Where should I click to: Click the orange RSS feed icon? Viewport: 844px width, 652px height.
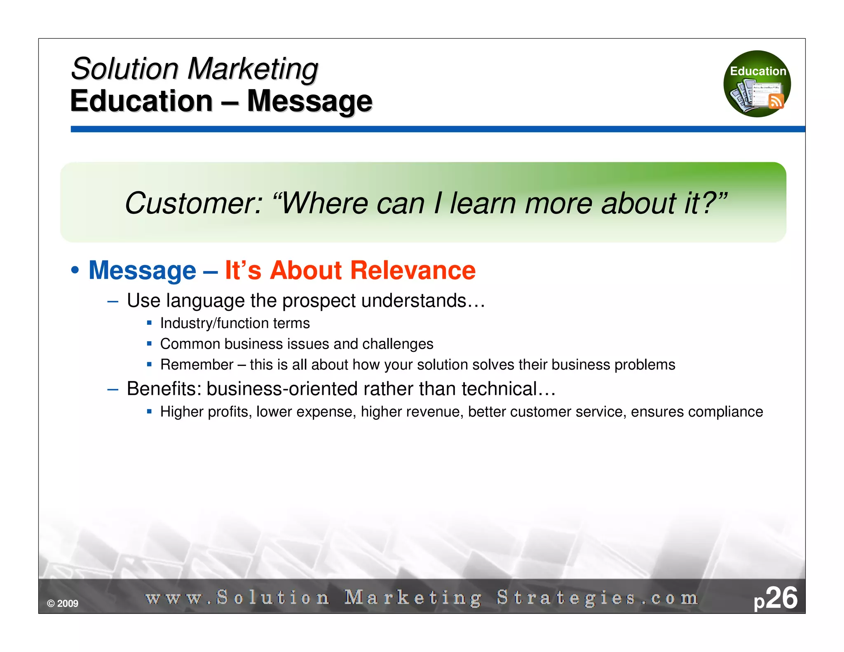776,101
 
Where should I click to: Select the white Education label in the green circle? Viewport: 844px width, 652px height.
758,71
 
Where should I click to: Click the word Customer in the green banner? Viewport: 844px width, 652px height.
193,204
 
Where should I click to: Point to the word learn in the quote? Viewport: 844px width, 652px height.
483,204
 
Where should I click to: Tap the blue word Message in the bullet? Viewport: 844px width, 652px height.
142,271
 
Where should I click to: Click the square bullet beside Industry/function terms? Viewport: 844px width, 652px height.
149,323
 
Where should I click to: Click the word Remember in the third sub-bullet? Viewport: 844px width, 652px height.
197,365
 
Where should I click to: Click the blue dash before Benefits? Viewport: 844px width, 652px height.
113,389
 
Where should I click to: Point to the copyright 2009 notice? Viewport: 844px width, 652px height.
63,603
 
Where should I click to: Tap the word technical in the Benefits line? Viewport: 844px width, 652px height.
499,389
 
